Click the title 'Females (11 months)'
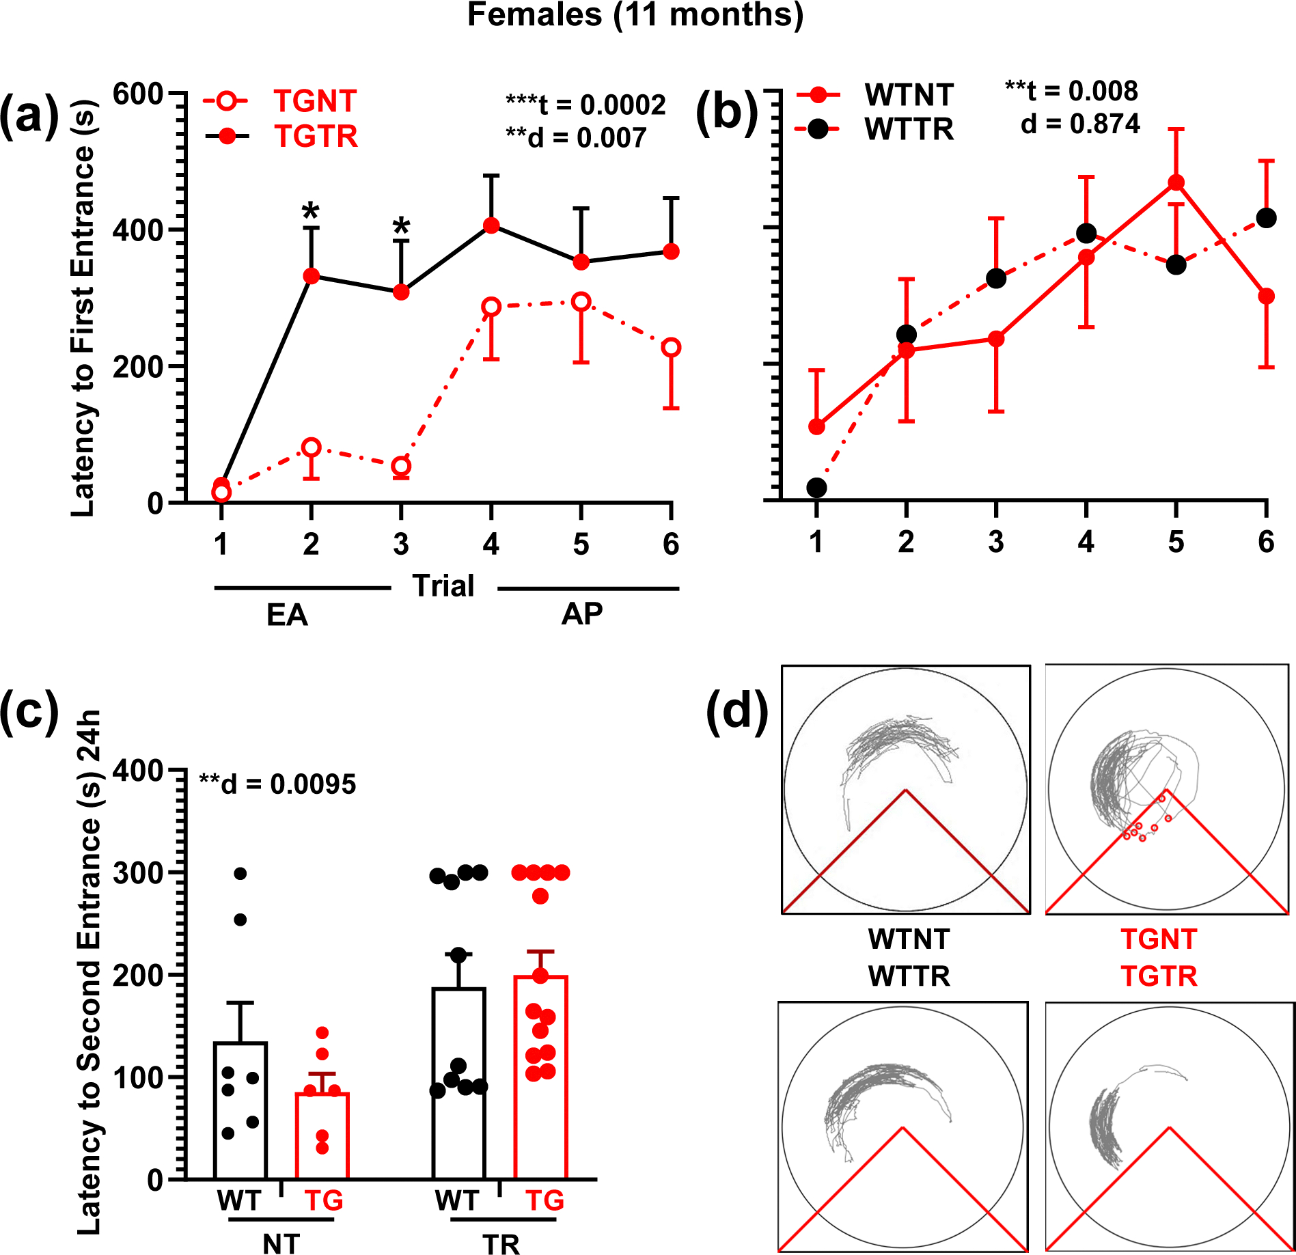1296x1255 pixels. pyautogui.click(x=635, y=15)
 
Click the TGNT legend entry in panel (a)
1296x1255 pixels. pyautogui.click(x=314, y=102)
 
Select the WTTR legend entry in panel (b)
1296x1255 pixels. pyautogui.click(x=908, y=129)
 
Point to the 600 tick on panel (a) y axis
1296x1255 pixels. pyautogui.click(x=138, y=94)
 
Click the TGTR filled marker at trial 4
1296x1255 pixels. pyautogui.click(x=491, y=225)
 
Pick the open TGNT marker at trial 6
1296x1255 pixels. pyautogui.click(x=671, y=347)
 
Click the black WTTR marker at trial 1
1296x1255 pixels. pyautogui.click(x=816, y=488)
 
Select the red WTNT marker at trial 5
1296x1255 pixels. pyautogui.click(x=1176, y=182)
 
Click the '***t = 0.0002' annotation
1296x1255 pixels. pyautogui.click(x=585, y=105)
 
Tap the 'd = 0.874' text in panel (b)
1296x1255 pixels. pyautogui.click(x=1079, y=124)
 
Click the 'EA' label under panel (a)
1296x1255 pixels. pyautogui.click(x=287, y=615)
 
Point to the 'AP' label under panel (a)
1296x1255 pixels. pyautogui.click(x=581, y=614)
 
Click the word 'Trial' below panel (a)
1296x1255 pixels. pyautogui.click(x=443, y=586)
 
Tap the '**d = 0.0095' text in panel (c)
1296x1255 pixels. pyautogui.click(x=277, y=784)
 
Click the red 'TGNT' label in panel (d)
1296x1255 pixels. pyautogui.click(x=1158, y=939)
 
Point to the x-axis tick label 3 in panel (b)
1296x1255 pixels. pyautogui.click(x=995, y=542)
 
